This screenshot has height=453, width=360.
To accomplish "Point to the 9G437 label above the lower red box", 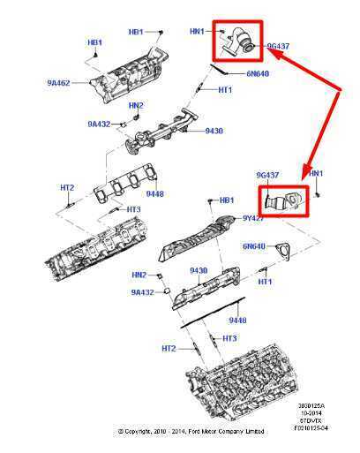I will click(269, 173).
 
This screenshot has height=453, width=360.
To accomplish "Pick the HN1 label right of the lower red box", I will click(315, 173).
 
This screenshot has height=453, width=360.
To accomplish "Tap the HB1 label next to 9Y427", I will click(226, 200).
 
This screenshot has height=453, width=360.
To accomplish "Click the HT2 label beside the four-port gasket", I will click(67, 186).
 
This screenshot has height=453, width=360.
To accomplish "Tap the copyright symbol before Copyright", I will click(122, 432).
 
